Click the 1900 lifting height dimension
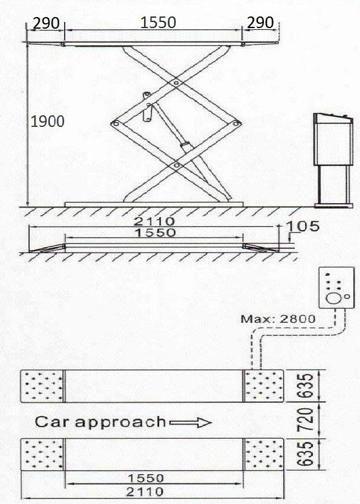(47, 121)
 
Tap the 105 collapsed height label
(303, 226)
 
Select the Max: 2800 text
(278, 319)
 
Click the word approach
(120, 423)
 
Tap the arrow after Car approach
(190, 422)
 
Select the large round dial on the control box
(334, 298)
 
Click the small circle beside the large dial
(347, 297)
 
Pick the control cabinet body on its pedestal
(333, 140)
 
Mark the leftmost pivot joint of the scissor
(116, 123)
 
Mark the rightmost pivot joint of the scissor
(236, 123)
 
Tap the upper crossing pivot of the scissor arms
(176, 83)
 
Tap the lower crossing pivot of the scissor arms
(176, 165)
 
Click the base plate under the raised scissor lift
(154, 204)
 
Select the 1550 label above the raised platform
(158, 23)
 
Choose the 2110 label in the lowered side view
(154, 221)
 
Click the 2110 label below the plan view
(145, 491)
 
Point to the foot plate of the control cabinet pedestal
(334, 206)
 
